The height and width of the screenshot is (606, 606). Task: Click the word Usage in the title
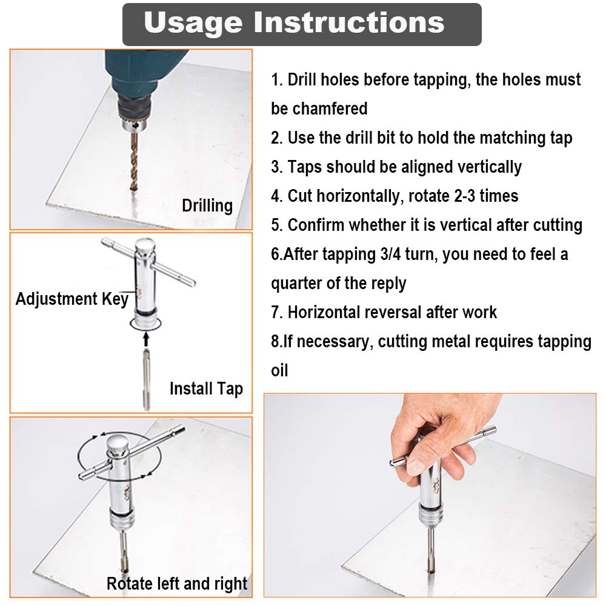[193, 22]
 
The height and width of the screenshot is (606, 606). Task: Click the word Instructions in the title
[349, 22]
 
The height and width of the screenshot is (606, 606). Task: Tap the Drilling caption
[207, 205]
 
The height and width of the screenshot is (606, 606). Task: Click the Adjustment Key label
[72, 299]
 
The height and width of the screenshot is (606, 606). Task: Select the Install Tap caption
[206, 388]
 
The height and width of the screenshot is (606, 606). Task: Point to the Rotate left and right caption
[177, 584]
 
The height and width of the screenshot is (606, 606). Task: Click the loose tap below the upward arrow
[146, 379]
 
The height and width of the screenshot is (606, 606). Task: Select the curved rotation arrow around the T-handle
[91, 451]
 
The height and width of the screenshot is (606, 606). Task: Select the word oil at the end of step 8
[279, 370]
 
